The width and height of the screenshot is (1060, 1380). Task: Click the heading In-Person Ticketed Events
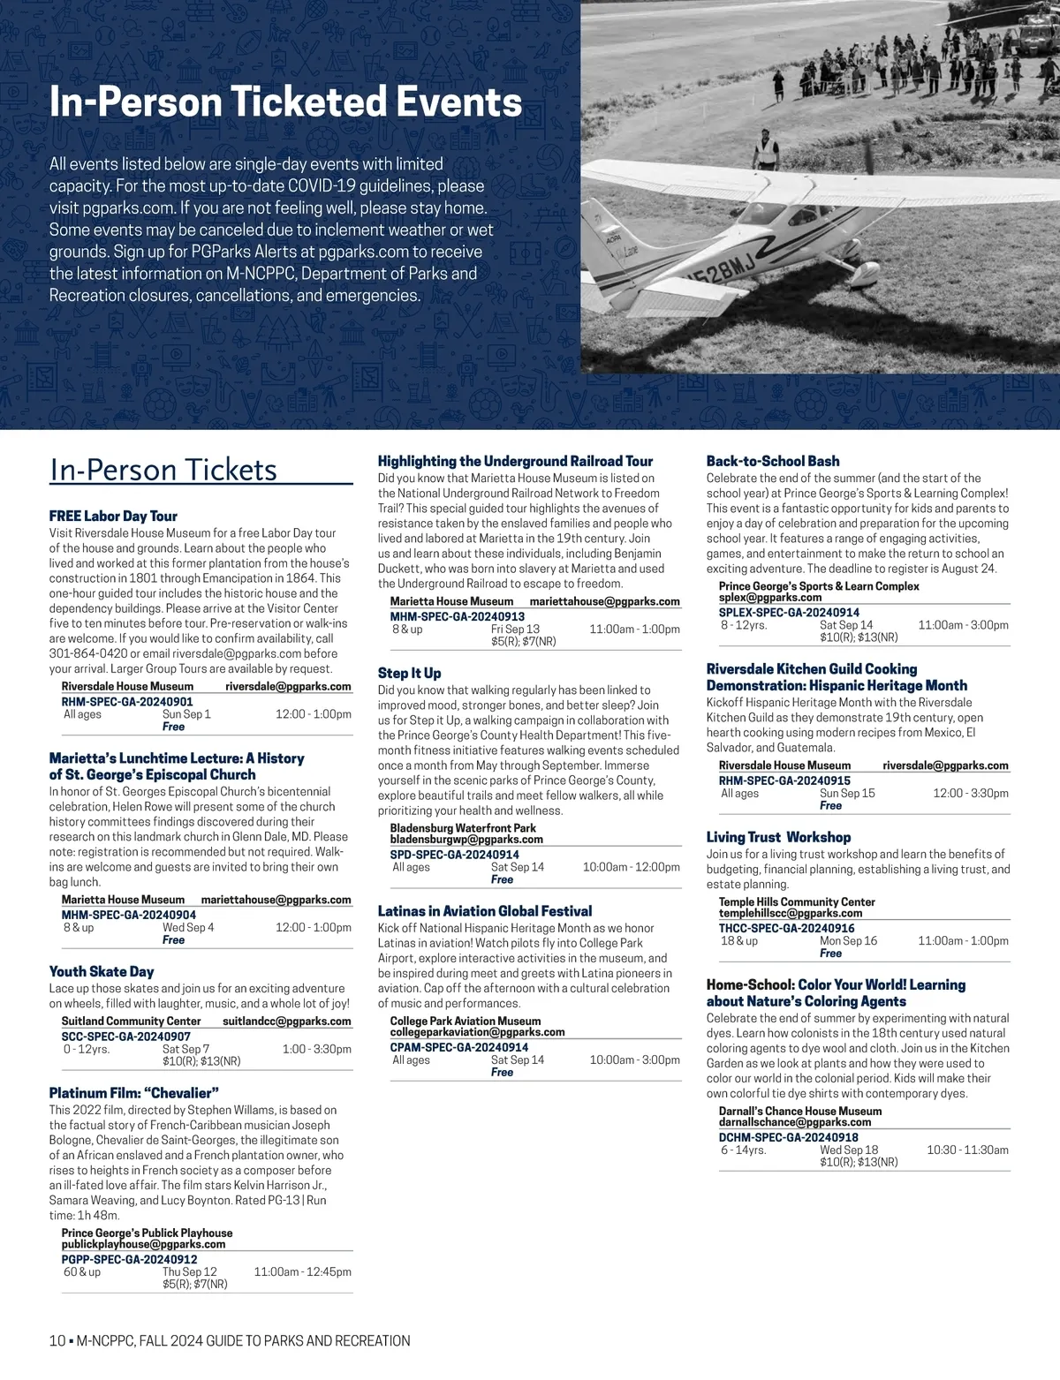tap(285, 102)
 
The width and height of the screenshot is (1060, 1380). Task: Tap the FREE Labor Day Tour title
tap(113, 516)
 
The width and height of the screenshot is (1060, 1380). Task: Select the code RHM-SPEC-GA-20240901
tap(127, 701)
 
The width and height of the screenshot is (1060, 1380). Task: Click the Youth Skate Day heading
tap(102, 971)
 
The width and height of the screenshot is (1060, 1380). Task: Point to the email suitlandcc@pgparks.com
tap(286, 1022)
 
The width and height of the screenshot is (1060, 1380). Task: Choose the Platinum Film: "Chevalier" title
tap(133, 1092)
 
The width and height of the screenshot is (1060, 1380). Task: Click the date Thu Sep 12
tap(189, 1272)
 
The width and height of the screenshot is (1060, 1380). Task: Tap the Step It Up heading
tap(409, 673)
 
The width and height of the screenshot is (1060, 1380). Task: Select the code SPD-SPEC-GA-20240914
tap(455, 855)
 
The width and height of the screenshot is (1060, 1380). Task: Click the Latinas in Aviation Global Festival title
tap(485, 910)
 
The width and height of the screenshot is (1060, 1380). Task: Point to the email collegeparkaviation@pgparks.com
tap(477, 1032)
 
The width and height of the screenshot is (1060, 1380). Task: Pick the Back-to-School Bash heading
tap(773, 461)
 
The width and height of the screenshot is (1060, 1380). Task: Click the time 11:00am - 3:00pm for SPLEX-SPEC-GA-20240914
tap(963, 625)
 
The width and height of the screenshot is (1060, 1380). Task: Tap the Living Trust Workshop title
tap(778, 837)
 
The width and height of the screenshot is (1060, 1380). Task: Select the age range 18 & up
tap(739, 941)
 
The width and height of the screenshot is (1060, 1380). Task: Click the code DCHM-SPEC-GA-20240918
tap(789, 1137)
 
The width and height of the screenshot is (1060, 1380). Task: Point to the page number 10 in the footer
tap(57, 1341)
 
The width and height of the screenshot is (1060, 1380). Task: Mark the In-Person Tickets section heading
tap(163, 470)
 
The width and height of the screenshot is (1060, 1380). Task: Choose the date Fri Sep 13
tap(515, 630)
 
